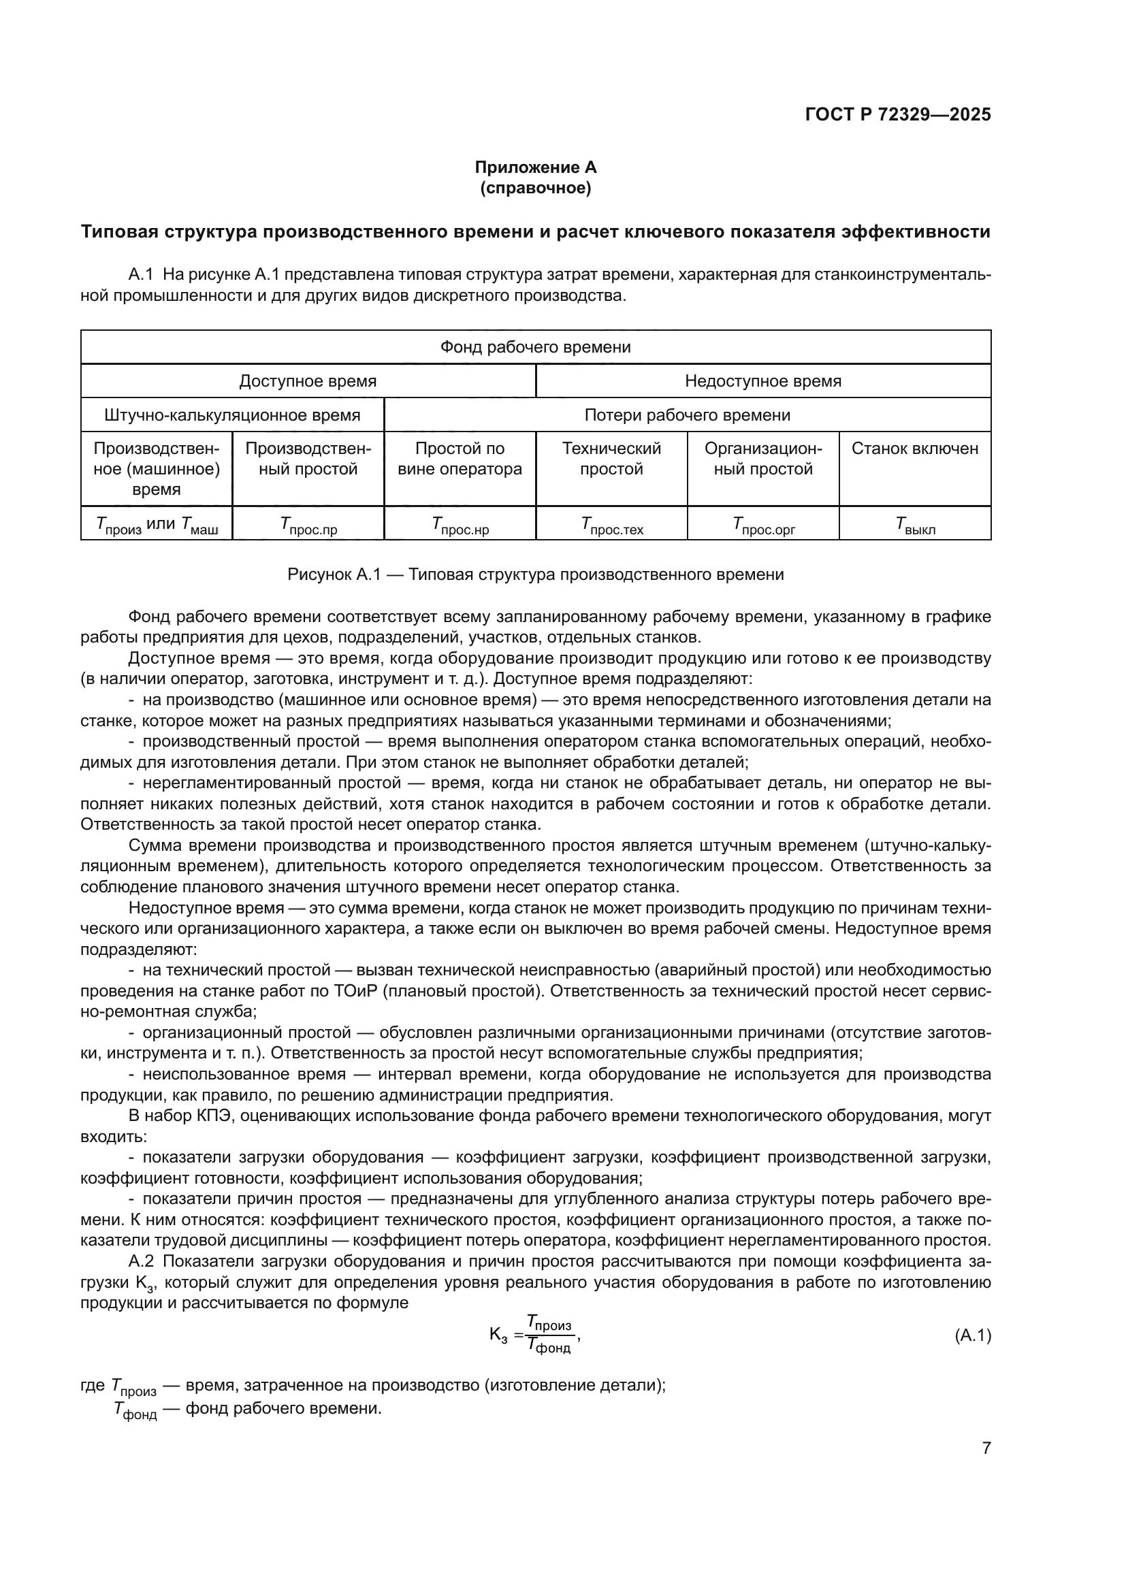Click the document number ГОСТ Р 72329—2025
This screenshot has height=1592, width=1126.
click(897, 115)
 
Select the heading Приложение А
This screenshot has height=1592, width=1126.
click(535, 167)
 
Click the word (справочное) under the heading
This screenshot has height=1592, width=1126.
click(535, 188)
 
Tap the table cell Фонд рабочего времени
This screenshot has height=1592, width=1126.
click(535, 346)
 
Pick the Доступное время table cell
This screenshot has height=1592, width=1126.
click(308, 380)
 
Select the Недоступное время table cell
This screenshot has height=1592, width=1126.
click(762, 380)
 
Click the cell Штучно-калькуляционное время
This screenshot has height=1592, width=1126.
click(232, 415)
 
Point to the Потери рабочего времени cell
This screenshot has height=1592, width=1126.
click(687, 415)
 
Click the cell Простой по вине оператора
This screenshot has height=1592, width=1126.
click(460, 458)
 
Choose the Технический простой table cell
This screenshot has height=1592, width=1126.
click(611, 458)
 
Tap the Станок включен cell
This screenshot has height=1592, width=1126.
click(914, 449)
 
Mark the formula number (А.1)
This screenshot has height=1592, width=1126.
click(972, 1335)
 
